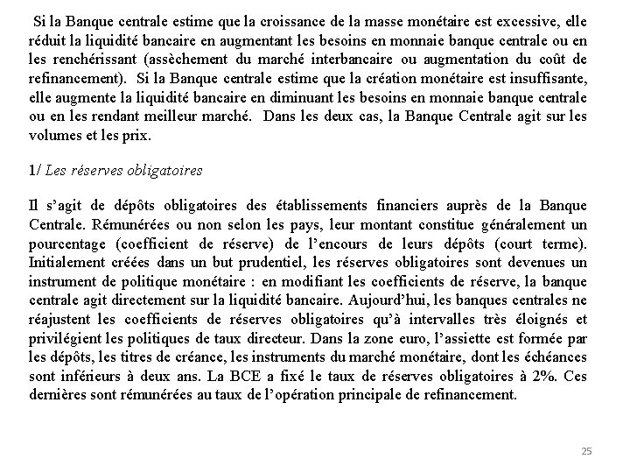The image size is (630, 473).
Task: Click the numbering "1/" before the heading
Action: pyautogui.click(x=36, y=172)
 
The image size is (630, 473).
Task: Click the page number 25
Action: pyautogui.click(x=586, y=451)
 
